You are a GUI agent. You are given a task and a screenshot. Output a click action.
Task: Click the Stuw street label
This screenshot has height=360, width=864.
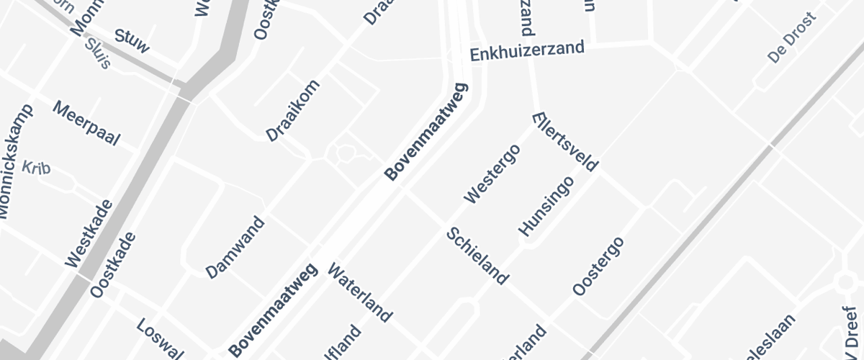point(132,42)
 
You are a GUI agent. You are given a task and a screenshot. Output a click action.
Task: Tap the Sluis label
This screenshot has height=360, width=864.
point(97,53)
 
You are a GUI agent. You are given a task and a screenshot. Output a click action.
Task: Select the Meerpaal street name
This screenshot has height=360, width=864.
point(86,123)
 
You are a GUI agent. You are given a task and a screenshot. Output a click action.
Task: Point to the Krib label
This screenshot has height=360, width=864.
point(36,167)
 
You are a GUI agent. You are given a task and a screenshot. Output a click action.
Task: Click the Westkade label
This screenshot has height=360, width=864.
point(89,234)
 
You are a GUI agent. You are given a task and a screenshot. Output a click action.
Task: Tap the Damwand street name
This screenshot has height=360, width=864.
point(235,247)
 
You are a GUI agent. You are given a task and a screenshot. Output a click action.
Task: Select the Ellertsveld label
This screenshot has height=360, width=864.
point(565,141)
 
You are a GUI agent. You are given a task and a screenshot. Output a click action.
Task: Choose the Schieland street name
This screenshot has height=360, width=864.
point(477,256)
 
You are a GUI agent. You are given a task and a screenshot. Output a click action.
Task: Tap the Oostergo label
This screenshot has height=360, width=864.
point(598,265)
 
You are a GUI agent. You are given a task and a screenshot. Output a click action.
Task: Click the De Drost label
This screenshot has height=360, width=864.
point(792,37)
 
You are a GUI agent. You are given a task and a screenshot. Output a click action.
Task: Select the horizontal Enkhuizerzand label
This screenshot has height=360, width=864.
point(527,52)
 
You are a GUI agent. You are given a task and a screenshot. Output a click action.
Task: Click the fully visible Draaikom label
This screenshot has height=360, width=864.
point(293,110)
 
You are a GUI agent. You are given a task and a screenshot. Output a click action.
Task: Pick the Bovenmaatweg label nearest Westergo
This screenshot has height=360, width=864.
point(426,132)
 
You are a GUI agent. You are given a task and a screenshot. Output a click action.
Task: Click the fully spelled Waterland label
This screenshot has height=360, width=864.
point(360,292)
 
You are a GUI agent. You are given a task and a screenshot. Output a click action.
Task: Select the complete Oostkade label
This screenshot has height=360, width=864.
point(113,265)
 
